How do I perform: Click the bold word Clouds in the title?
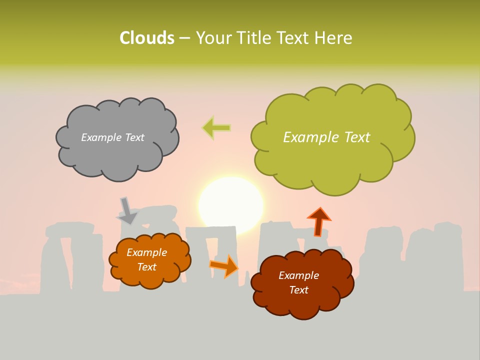pyautogui.click(x=147, y=38)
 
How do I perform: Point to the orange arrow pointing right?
pyautogui.click(x=224, y=266)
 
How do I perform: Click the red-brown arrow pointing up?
pyautogui.click(x=318, y=221)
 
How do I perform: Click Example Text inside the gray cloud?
pyautogui.click(x=112, y=137)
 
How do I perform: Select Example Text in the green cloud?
pyautogui.click(x=326, y=137)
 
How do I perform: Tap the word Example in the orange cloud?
pyautogui.click(x=146, y=252)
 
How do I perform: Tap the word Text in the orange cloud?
pyautogui.click(x=146, y=267)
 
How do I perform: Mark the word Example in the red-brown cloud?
pyautogui.click(x=298, y=275)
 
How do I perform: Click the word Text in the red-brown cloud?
pyautogui.click(x=298, y=290)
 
